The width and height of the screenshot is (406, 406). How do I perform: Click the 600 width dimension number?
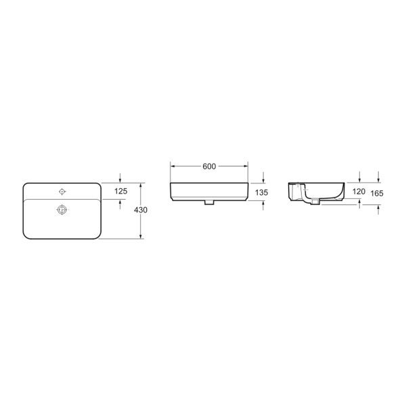(209, 166)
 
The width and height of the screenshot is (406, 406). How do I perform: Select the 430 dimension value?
(141, 210)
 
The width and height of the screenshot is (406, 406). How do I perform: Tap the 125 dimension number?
(120, 191)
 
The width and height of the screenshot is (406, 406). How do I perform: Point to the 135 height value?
(263, 193)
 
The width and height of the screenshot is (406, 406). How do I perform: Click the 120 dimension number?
(359, 192)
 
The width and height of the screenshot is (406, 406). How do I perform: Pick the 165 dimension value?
(378, 194)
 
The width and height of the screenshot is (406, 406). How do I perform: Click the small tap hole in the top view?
(62, 191)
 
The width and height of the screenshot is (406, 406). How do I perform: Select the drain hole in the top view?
(62, 209)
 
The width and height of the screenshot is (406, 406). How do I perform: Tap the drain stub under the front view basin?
(209, 202)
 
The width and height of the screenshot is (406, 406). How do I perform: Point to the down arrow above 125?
(120, 179)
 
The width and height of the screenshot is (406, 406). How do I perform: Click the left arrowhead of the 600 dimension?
(173, 166)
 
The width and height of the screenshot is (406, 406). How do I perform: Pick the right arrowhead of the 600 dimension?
(246, 166)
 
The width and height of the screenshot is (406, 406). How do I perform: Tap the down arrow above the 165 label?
(378, 179)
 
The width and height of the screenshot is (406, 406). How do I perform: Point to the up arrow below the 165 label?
(378, 209)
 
